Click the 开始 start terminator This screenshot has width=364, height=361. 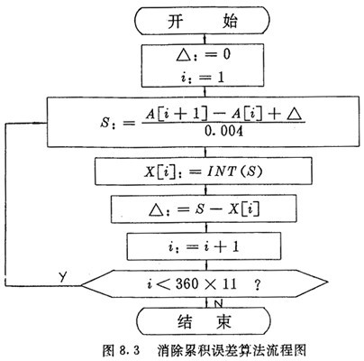point(202,21)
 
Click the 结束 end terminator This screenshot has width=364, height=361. point(204,321)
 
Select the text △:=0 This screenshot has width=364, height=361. point(204,55)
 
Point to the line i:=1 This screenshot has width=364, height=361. point(203,78)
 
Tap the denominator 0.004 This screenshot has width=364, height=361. point(223,132)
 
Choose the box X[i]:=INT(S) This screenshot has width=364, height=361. point(204,171)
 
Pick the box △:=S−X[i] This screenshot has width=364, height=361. point(204,209)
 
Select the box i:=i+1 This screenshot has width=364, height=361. point(204,246)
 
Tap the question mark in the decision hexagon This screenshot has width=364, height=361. point(257,284)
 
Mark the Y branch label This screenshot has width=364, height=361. point(62,276)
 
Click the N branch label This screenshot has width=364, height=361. point(219,304)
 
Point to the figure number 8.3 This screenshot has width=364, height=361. point(130,351)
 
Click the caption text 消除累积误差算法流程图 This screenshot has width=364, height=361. point(232,350)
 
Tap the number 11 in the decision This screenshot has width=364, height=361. point(230,283)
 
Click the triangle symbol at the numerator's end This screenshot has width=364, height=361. point(294,115)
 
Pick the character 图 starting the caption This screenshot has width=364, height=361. point(108,351)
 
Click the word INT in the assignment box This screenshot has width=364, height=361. point(221,171)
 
